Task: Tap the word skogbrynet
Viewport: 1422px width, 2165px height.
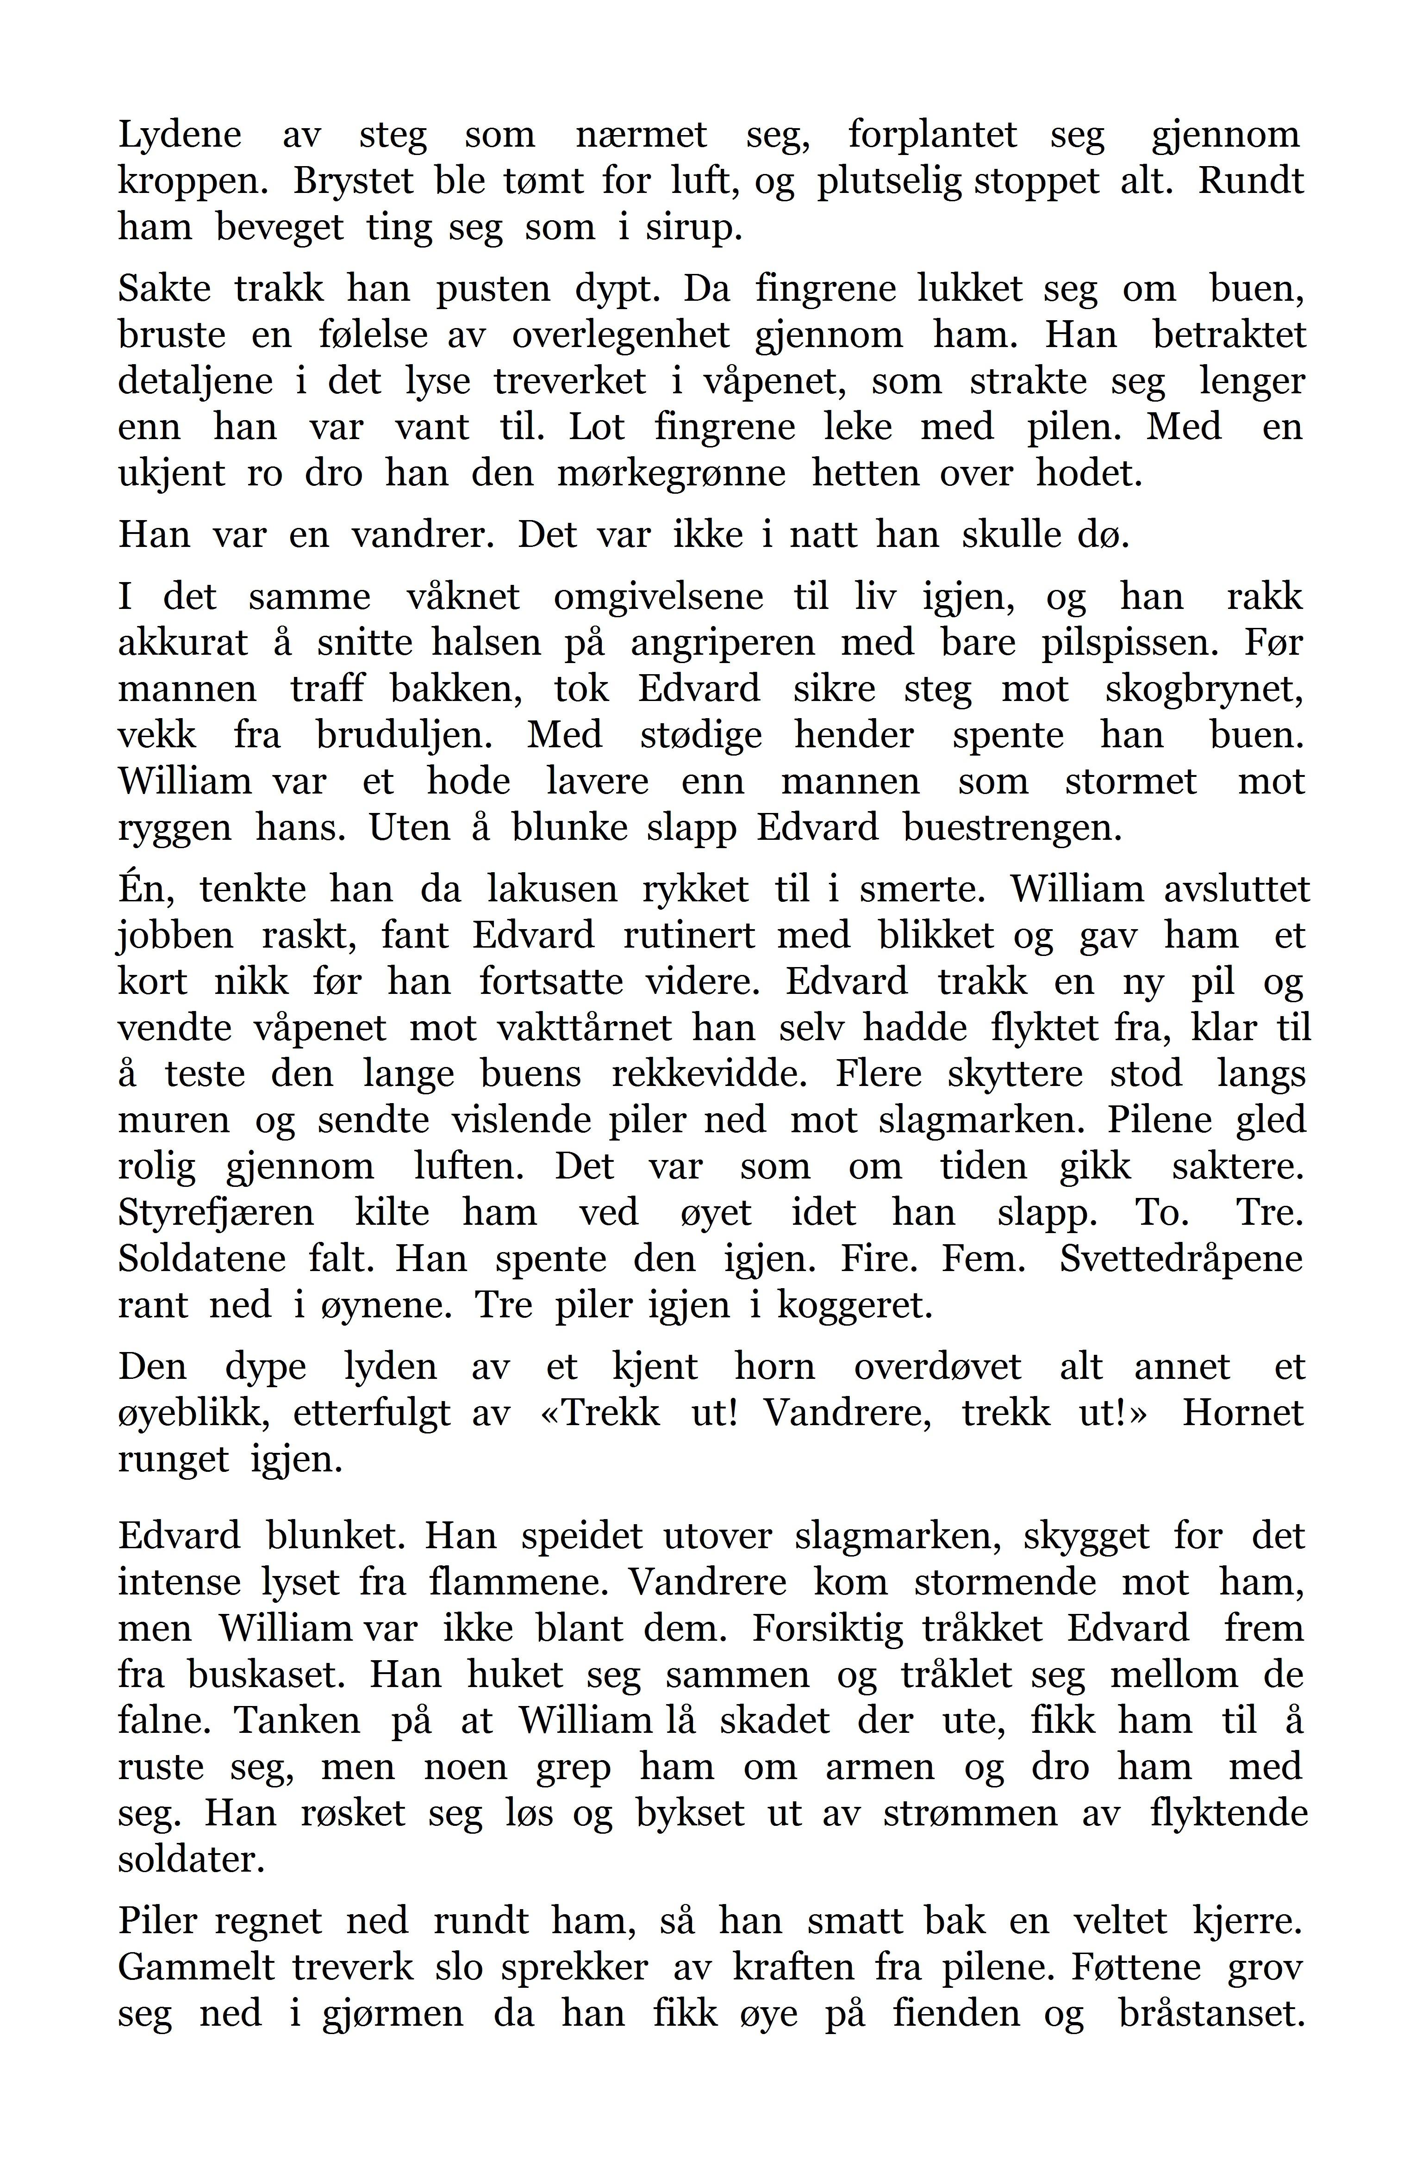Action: (x=1204, y=689)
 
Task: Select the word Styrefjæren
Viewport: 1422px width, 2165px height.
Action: (x=216, y=1214)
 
